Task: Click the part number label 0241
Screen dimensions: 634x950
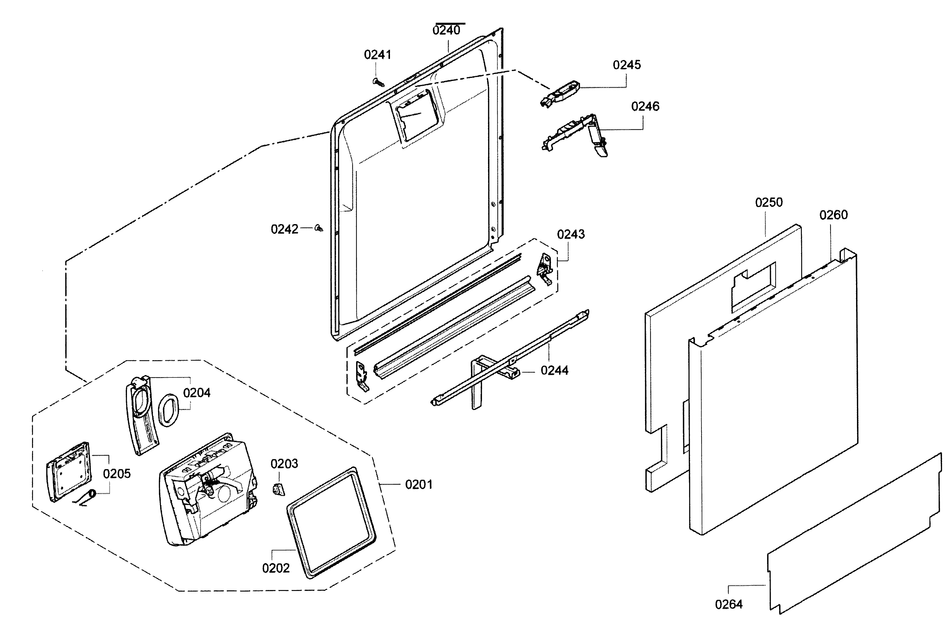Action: pyautogui.click(x=377, y=55)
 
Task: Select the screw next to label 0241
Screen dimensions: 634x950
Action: pyautogui.click(x=378, y=82)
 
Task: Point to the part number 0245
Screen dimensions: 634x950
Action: pyautogui.click(x=627, y=65)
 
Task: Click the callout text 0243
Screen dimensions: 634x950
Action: pyautogui.click(x=571, y=234)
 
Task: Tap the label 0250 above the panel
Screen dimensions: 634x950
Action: pyautogui.click(x=768, y=202)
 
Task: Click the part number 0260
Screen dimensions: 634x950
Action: pyautogui.click(x=833, y=215)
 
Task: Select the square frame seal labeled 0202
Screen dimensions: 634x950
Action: pyautogui.click(x=331, y=523)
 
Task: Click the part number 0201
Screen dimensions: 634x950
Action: pyautogui.click(x=418, y=485)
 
